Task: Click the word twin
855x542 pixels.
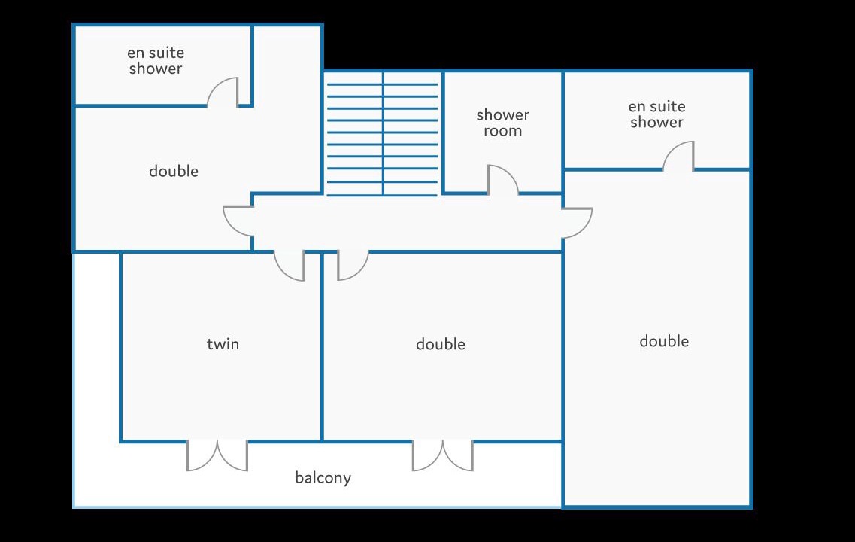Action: pyautogui.click(x=223, y=344)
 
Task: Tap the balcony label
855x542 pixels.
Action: pyautogui.click(x=323, y=477)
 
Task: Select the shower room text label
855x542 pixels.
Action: pyautogui.click(x=503, y=123)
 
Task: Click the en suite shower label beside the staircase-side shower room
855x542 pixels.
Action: pyautogui.click(x=656, y=114)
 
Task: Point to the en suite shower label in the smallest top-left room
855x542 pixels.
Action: pyautogui.click(x=156, y=60)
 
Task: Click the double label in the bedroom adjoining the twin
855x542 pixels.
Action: pyautogui.click(x=441, y=344)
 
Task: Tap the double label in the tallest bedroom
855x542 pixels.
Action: pyautogui.click(x=663, y=341)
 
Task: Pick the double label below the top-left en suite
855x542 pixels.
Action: pyautogui.click(x=174, y=172)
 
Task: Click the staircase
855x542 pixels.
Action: pyautogui.click(x=382, y=133)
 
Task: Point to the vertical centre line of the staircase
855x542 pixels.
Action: pyautogui.click(x=383, y=133)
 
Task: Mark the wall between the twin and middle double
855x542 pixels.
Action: pyautogui.click(x=323, y=346)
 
